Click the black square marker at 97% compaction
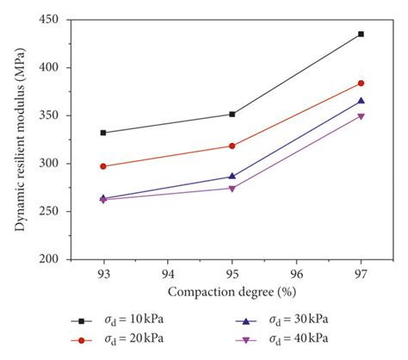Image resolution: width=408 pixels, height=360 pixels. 361,34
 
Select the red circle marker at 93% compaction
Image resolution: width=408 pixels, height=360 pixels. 104,166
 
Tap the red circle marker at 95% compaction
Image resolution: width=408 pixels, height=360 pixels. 232,146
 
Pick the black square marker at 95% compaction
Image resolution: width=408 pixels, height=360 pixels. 232,114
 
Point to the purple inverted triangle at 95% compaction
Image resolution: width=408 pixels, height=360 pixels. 232,189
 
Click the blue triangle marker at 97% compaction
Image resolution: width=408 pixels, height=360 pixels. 361,101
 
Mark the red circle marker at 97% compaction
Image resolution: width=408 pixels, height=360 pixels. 361,84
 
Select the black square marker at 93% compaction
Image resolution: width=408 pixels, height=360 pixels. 104,133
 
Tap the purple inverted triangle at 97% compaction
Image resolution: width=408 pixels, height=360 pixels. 361,116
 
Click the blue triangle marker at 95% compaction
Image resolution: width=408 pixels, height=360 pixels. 232,177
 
